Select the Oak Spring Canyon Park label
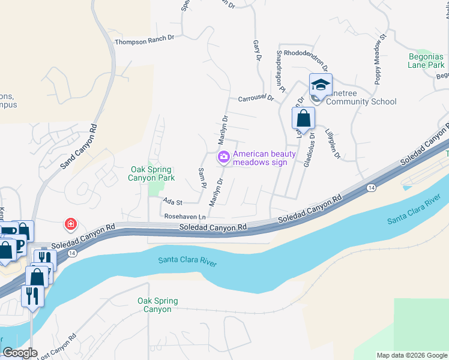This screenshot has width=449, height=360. (x=152, y=174)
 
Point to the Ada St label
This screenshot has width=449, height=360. (x=172, y=203)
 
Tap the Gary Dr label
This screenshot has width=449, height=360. (x=258, y=50)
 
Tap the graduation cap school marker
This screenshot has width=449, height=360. (x=321, y=85)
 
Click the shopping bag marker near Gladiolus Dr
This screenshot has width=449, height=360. (x=303, y=118)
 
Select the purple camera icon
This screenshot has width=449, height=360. (x=223, y=157)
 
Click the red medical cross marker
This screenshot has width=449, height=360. (x=71, y=225)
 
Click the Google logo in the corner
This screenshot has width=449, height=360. (x=20, y=353)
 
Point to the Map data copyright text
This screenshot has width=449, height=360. (x=411, y=355)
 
